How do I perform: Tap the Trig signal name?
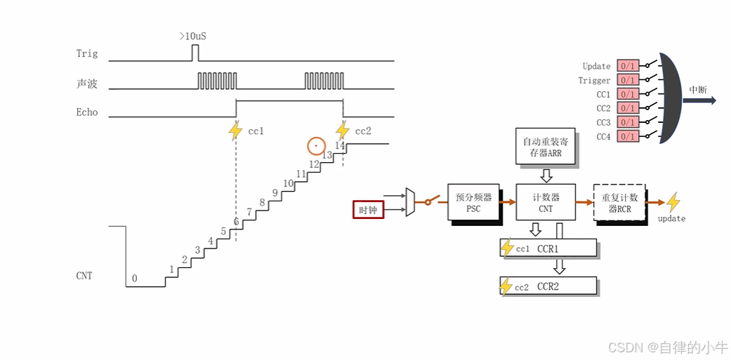(x=87, y=53)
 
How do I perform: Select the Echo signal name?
(x=87, y=112)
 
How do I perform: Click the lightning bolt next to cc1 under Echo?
(x=236, y=131)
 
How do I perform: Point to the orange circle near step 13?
(x=317, y=146)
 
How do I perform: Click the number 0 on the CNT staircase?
(x=135, y=279)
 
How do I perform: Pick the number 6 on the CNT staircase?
(x=236, y=222)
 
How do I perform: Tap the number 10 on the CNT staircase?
(x=288, y=184)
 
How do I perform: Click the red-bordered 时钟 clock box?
(x=368, y=210)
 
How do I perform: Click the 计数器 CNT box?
(x=545, y=203)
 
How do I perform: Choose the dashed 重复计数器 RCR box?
(x=619, y=203)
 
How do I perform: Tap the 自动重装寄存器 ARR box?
(x=546, y=147)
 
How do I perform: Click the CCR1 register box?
(x=548, y=248)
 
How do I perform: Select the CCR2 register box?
(x=548, y=286)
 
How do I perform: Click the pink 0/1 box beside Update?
(x=628, y=66)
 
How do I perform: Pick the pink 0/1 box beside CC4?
(x=628, y=136)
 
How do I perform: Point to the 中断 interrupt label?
(x=697, y=90)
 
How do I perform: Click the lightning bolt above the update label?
(x=673, y=203)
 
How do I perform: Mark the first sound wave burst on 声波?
(x=217, y=81)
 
